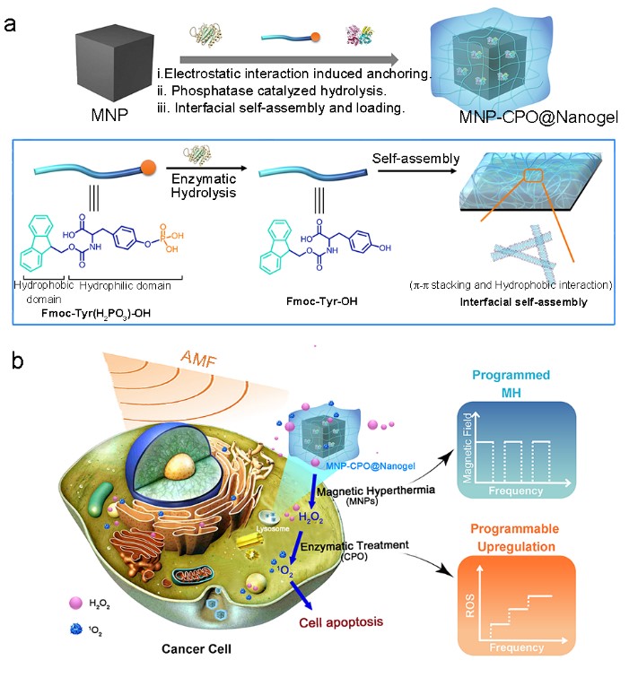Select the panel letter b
(13, 361)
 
